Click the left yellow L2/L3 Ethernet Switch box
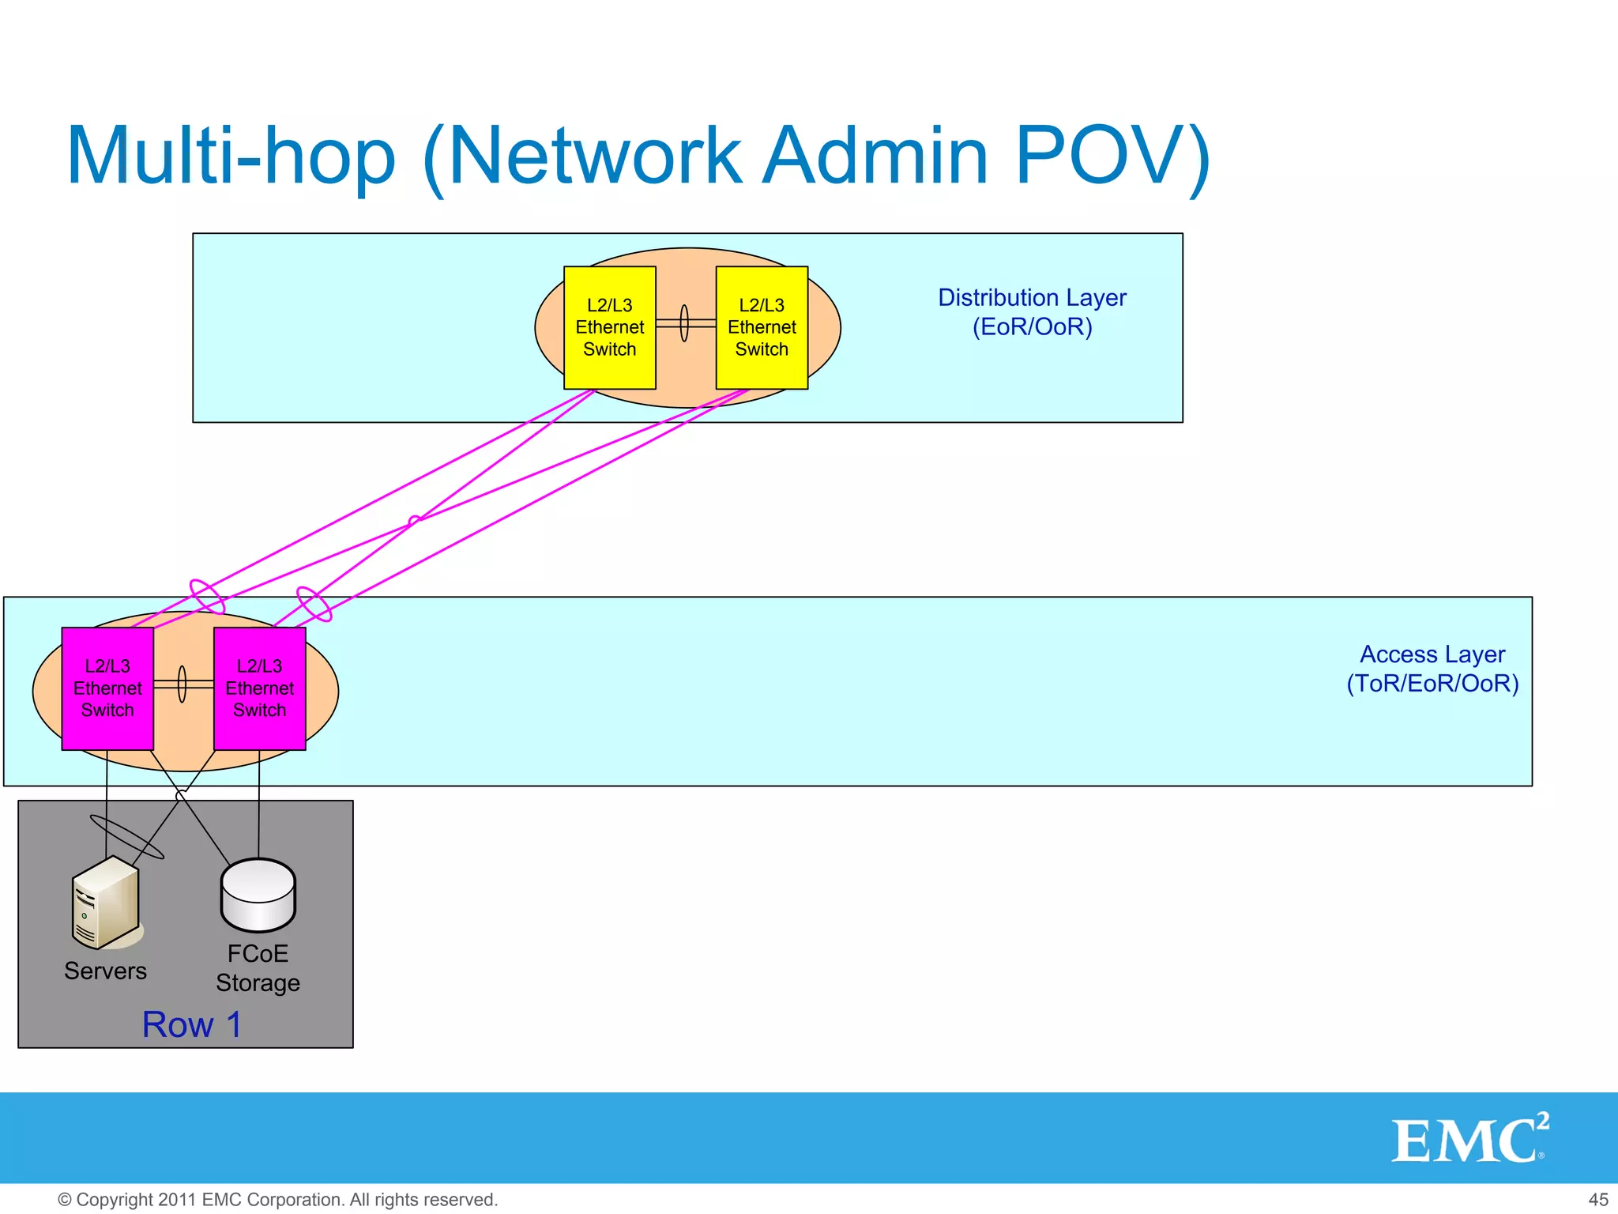pyautogui.click(x=609, y=327)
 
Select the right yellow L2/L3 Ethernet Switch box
pyautogui.click(x=762, y=327)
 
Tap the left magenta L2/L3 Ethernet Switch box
pyautogui.click(x=107, y=688)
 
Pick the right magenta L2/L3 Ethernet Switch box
pyautogui.click(x=259, y=688)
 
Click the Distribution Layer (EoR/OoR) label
pyautogui.click(x=1032, y=312)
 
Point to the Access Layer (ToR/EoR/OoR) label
pyautogui.click(x=1432, y=669)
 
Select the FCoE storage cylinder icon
pyautogui.click(x=258, y=895)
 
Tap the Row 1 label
pyautogui.click(x=192, y=1024)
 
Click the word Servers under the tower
pyautogui.click(x=105, y=971)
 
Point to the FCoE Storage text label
pyautogui.click(x=258, y=968)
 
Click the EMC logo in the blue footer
pyautogui.click(x=1469, y=1139)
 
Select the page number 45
pyautogui.click(x=1597, y=1200)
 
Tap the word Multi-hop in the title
pyautogui.click(x=231, y=156)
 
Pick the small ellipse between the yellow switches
pyautogui.click(x=684, y=323)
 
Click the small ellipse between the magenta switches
pyautogui.click(x=182, y=684)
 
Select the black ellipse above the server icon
pyautogui.click(x=127, y=837)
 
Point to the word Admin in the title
pyautogui.click(x=877, y=156)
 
